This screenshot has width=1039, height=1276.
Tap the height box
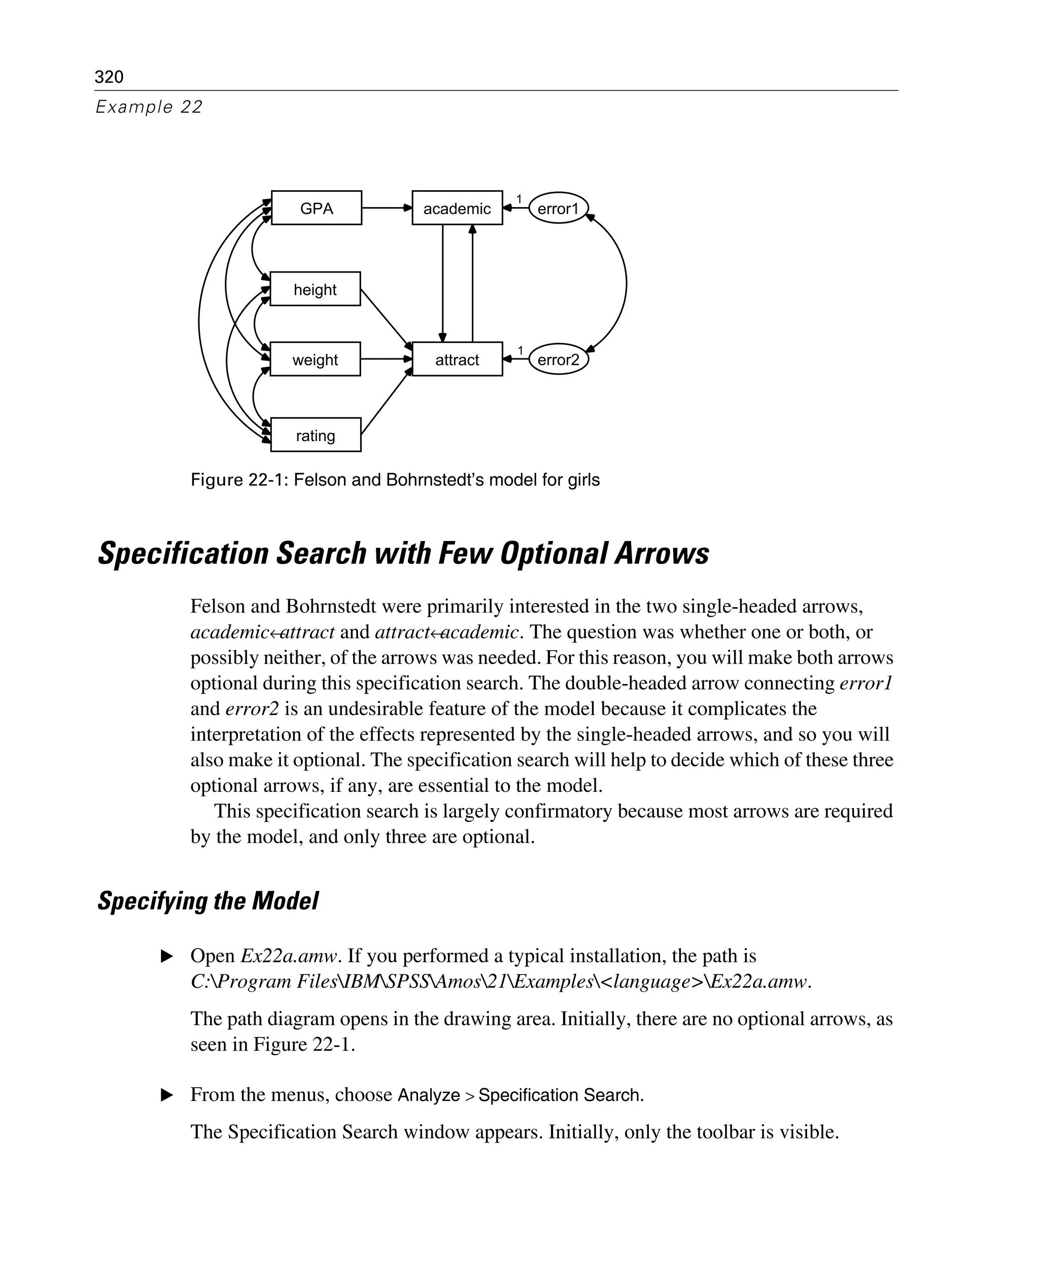pos(315,289)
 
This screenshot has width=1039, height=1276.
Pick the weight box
pos(315,359)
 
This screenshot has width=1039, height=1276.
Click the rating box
pos(316,435)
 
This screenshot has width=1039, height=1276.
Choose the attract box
pos(457,359)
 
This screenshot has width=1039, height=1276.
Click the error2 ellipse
pos(558,359)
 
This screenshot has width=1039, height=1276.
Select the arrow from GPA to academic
pos(386,208)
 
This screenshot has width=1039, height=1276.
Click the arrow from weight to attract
pos(386,359)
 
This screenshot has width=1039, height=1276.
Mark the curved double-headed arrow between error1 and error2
pos(626,284)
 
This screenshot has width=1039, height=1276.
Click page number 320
pos(109,77)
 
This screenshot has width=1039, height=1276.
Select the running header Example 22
pos(149,107)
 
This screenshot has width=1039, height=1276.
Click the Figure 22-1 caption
pos(395,480)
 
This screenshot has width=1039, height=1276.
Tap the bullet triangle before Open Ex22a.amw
pos(167,956)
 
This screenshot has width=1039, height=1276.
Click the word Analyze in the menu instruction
pos(429,1095)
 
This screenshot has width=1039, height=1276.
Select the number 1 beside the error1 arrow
pos(519,199)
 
